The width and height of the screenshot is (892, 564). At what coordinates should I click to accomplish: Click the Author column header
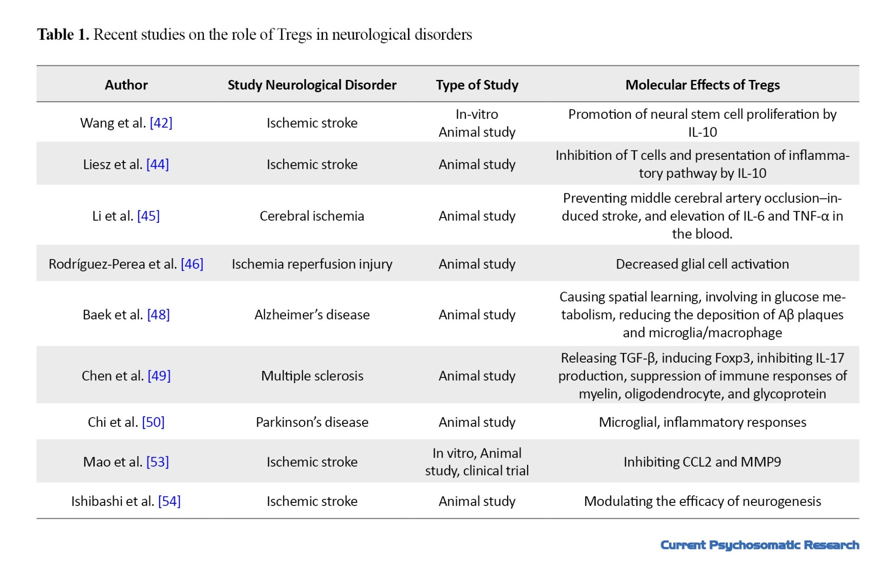pyautogui.click(x=126, y=85)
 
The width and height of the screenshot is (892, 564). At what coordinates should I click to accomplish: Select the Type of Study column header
pyautogui.click(x=477, y=85)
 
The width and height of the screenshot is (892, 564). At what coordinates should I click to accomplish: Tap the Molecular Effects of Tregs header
pyautogui.click(x=702, y=85)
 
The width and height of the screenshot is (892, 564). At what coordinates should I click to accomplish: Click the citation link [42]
pyautogui.click(x=161, y=123)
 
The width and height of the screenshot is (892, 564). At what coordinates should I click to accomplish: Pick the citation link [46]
pyautogui.click(x=192, y=264)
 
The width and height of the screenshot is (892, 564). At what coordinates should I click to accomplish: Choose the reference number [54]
pyautogui.click(x=169, y=501)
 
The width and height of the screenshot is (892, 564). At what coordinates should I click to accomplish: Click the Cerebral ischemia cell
pyautogui.click(x=312, y=216)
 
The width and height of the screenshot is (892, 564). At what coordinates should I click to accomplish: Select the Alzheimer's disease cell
pyautogui.click(x=312, y=314)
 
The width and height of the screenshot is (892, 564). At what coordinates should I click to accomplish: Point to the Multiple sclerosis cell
pyautogui.click(x=312, y=376)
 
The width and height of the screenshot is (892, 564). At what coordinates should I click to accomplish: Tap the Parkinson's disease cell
pyautogui.click(x=312, y=422)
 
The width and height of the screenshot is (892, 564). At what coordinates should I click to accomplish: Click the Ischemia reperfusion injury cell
pyautogui.click(x=312, y=264)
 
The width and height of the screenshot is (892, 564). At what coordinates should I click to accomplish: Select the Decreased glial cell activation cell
pyautogui.click(x=702, y=264)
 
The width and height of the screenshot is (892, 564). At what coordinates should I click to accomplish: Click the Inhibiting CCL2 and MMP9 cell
pyautogui.click(x=702, y=462)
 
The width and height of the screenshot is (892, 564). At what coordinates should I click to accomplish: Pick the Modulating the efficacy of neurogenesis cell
pyautogui.click(x=702, y=501)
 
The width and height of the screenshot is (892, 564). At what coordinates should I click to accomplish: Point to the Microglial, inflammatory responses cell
pyautogui.click(x=702, y=422)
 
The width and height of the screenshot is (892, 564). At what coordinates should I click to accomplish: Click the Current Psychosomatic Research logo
pyautogui.click(x=760, y=545)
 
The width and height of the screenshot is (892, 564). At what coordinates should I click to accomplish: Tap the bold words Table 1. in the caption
pyautogui.click(x=63, y=34)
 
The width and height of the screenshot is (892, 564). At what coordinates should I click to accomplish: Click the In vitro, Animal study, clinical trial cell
pyautogui.click(x=477, y=462)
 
